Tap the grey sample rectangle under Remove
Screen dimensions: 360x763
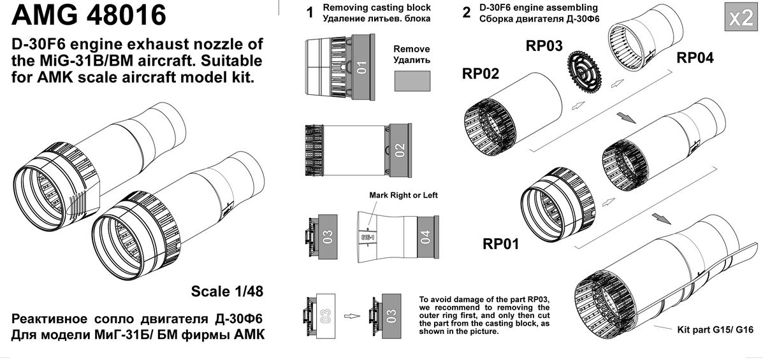point(411,82)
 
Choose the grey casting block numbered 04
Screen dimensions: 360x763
point(426,238)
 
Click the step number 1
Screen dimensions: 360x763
point(310,14)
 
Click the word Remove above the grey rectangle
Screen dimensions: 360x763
point(411,49)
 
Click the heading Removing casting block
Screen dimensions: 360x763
point(376,8)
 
